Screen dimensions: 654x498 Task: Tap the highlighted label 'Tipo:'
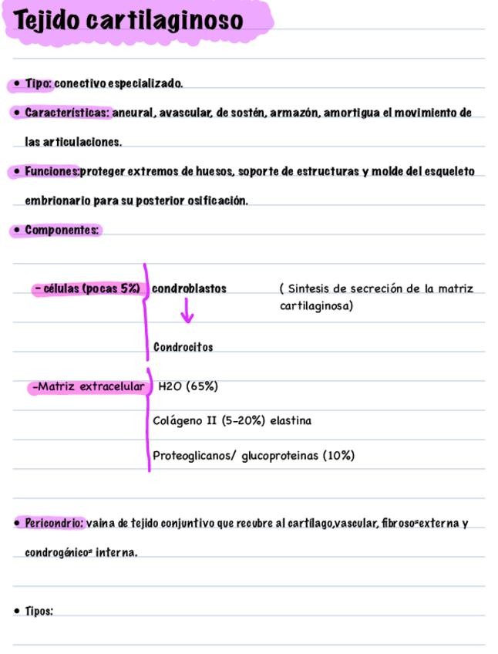pyautogui.click(x=38, y=83)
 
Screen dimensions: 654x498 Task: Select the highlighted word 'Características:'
pyautogui.click(x=69, y=113)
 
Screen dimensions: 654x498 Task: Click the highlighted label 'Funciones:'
pyautogui.click(x=52, y=170)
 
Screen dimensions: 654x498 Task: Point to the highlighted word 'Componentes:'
pyautogui.click(x=62, y=230)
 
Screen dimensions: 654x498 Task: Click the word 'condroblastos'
pyautogui.click(x=189, y=288)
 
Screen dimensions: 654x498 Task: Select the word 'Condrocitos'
pyautogui.click(x=183, y=347)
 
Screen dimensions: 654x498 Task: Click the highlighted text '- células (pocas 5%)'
pyautogui.click(x=87, y=289)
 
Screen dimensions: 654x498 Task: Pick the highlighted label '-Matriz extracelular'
pyautogui.click(x=88, y=386)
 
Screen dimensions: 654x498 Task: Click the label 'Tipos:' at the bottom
pyautogui.click(x=39, y=611)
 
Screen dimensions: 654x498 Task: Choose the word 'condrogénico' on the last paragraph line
pyautogui.click(x=56, y=552)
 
